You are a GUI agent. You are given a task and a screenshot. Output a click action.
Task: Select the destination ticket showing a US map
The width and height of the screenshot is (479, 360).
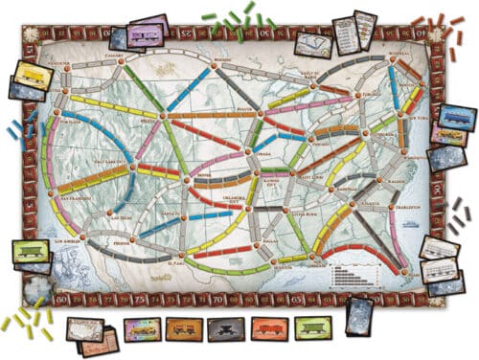(x=85, y=328)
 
